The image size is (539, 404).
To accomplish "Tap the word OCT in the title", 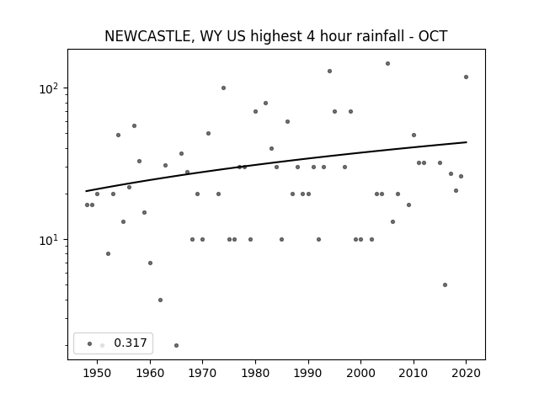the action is coord(433,36).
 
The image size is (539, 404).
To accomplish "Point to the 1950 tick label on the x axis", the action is coord(97,373).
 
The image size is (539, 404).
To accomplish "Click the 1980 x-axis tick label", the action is coord(255,373).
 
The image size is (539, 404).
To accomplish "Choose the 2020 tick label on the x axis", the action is coord(466,373).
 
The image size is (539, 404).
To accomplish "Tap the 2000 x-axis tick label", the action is coord(360,373).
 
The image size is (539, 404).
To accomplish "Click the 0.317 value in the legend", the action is coord(131,343).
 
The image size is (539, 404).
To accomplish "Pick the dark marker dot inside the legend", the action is coord(90,343).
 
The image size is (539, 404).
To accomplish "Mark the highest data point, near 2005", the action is coord(387,64).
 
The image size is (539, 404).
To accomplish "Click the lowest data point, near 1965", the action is coord(176,346).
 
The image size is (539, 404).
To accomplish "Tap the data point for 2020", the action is coord(466,77).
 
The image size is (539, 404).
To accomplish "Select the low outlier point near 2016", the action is coord(446,284).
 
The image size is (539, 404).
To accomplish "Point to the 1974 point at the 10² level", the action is coord(223,88).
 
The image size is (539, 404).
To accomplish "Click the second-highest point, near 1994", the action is coord(329,71).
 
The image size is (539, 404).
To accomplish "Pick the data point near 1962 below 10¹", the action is coord(160,300).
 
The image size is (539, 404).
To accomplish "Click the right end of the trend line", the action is coord(467,142).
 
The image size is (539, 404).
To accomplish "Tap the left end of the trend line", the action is coord(86,191).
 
